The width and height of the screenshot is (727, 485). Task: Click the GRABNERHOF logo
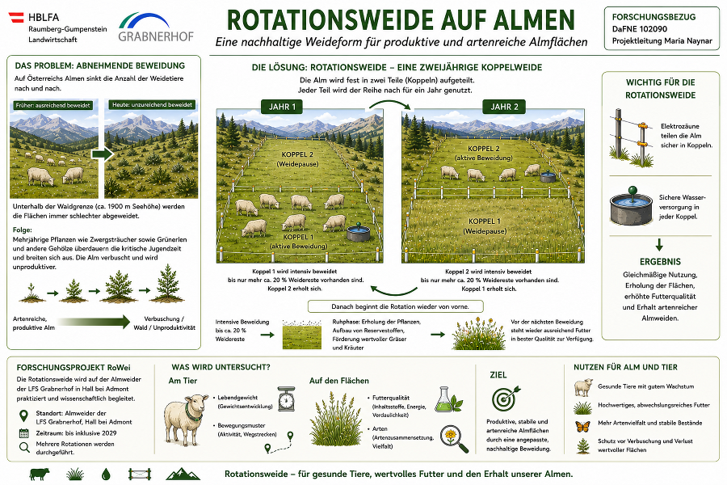[156, 27]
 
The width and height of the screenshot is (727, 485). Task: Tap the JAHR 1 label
[282, 107]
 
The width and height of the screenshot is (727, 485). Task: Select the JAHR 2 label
[504, 107]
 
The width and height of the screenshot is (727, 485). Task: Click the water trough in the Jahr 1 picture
[359, 233]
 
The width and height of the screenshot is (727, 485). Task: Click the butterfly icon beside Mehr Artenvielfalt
[582, 425]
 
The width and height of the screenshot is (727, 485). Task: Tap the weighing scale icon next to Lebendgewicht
[287, 399]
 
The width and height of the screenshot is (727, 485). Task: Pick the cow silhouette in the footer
[40, 474]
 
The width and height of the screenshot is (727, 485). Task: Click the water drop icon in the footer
[106, 474]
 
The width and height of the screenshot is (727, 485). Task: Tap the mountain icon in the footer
[183, 474]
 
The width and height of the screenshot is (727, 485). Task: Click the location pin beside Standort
[23, 415]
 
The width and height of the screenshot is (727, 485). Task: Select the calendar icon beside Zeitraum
[24, 433]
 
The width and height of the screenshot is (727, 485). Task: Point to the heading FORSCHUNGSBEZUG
[653, 17]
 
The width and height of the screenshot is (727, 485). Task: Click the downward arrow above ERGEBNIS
[659, 245]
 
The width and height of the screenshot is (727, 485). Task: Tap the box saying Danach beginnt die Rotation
[396, 306]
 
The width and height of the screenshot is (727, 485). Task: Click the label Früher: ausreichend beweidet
[53, 105]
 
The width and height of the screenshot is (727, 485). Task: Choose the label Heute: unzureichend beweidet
[152, 105]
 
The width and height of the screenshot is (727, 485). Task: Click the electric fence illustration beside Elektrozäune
[632, 138]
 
